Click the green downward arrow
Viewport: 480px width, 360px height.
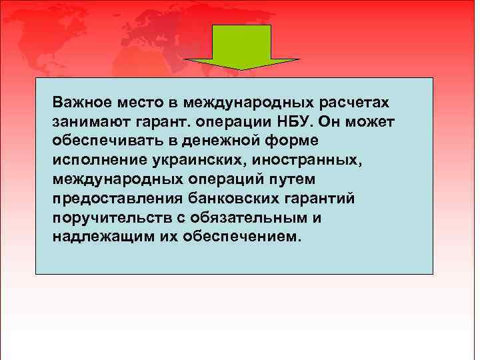[x=241, y=47]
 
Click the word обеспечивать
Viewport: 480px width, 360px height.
[x=101, y=141]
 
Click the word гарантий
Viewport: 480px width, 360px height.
[x=317, y=199]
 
